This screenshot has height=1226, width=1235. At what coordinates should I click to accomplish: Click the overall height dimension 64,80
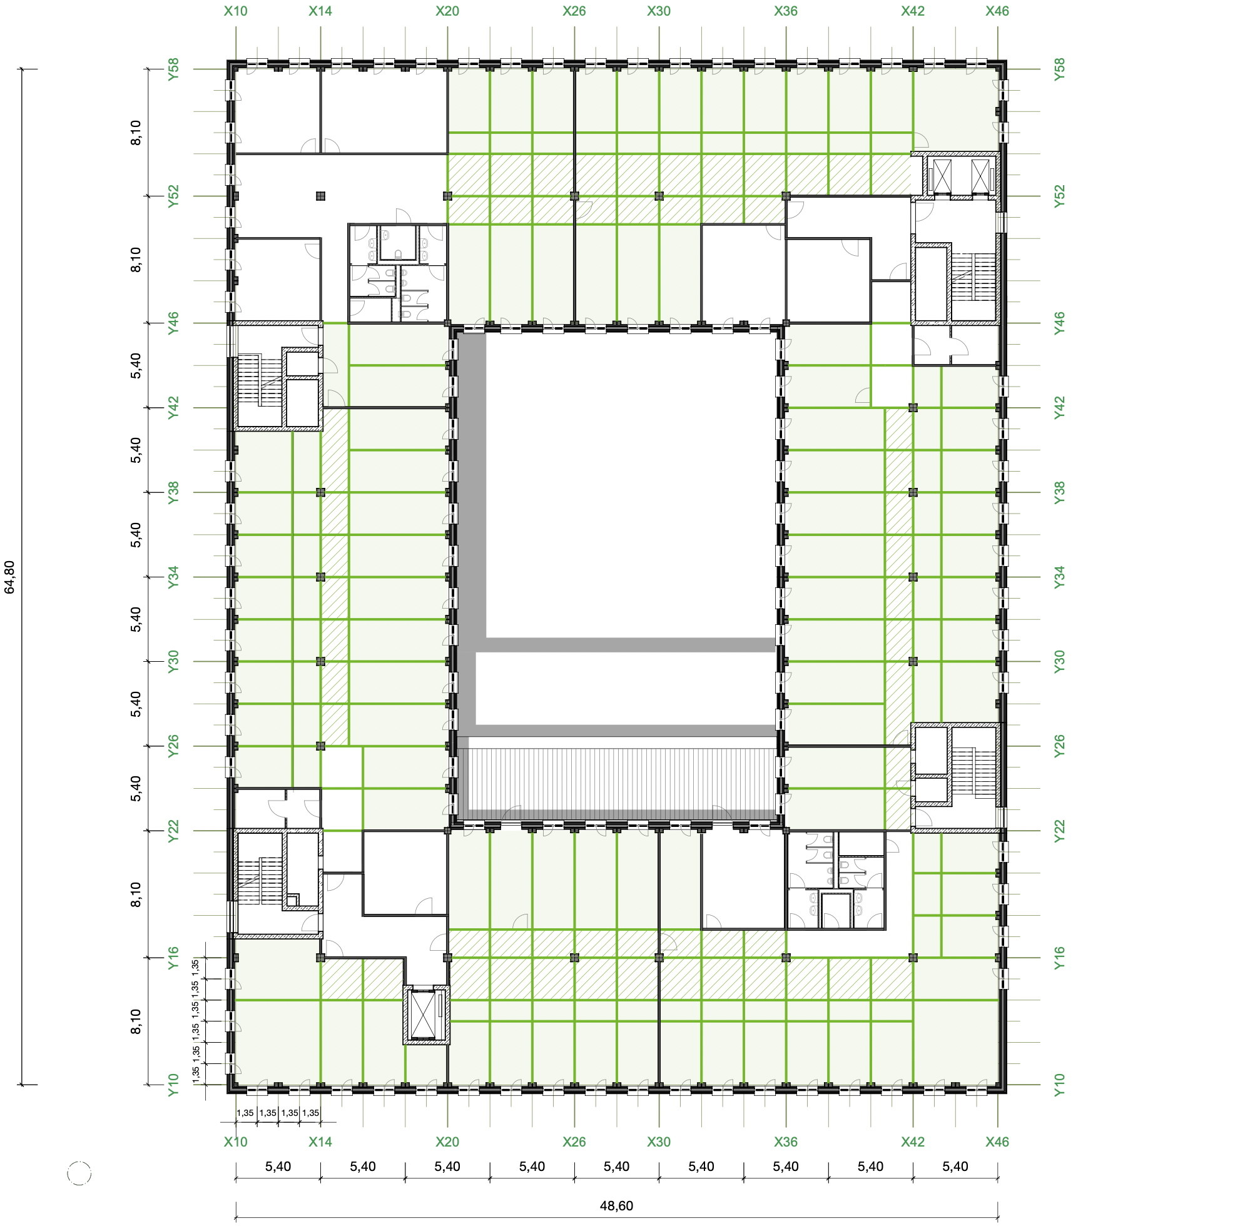pyautogui.click(x=9, y=577)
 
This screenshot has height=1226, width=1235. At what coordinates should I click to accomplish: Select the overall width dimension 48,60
pyautogui.click(x=616, y=1205)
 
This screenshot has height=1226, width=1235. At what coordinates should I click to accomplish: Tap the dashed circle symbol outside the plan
pyautogui.click(x=79, y=1173)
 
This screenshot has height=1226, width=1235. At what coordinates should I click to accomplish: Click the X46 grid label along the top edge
pyautogui.click(x=997, y=11)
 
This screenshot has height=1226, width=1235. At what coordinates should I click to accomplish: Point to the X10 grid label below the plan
pyautogui.click(x=235, y=1142)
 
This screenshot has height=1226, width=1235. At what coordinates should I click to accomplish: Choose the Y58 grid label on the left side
pyautogui.click(x=173, y=69)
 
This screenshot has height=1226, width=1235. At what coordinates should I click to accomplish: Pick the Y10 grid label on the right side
pyautogui.click(x=1059, y=1085)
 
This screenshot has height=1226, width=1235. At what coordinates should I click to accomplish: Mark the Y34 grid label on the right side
pyautogui.click(x=1059, y=577)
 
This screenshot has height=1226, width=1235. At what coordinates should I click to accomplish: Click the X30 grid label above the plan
pyautogui.click(x=658, y=11)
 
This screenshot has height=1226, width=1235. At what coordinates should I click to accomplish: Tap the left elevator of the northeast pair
pyautogui.click(x=942, y=175)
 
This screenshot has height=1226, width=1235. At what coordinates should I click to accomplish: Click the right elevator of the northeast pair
pyautogui.click(x=980, y=175)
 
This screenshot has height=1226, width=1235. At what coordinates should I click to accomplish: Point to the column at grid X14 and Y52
pyautogui.click(x=320, y=196)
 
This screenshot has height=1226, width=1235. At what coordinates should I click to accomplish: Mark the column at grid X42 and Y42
pyautogui.click(x=913, y=407)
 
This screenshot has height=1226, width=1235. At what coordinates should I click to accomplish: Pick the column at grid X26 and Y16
pyautogui.click(x=574, y=958)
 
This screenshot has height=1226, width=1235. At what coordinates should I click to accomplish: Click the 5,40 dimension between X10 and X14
pyautogui.click(x=278, y=1166)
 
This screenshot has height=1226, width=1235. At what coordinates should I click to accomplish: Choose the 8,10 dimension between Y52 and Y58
pyautogui.click(x=136, y=133)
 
